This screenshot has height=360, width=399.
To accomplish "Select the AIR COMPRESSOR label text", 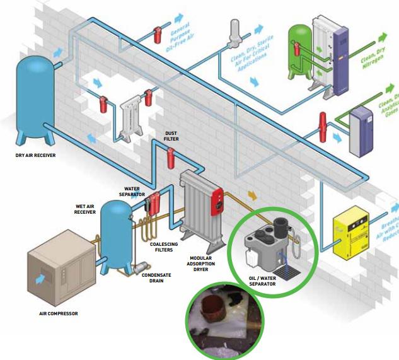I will [57, 313].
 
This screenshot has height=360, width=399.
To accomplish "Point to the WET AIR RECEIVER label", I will [85, 209].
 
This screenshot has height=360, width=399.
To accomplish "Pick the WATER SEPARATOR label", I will [133, 190].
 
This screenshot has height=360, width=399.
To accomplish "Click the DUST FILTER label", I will [171, 136].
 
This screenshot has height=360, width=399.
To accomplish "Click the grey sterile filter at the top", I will [236, 31].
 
